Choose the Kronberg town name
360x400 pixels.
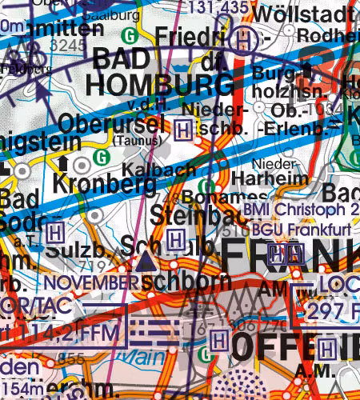click(103, 182)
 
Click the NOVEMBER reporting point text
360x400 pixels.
click(86, 282)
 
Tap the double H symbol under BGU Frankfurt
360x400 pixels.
click(286, 254)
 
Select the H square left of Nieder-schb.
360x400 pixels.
click(183, 127)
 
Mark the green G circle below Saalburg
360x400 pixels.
click(130, 35)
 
